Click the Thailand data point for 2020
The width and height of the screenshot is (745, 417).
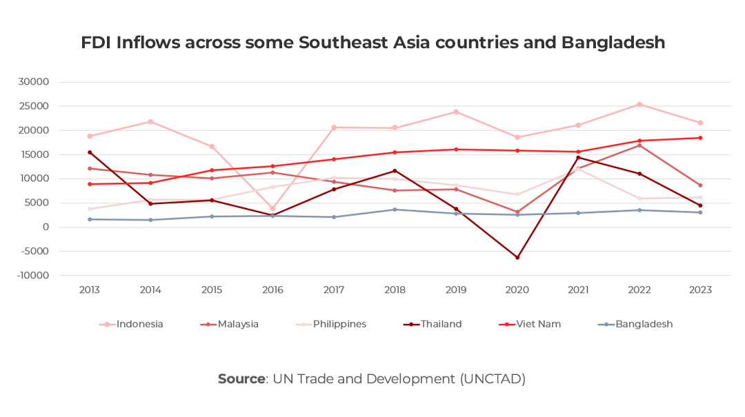pyautogui.click(x=517, y=258)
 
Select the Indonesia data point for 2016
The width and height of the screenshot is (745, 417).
pyautogui.click(x=272, y=208)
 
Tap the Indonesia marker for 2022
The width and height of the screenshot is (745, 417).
pyautogui.click(x=639, y=104)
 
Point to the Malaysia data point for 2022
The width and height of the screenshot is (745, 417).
pyautogui.click(x=639, y=145)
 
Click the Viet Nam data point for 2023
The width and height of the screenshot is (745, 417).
pyautogui.click(x=700, y=138)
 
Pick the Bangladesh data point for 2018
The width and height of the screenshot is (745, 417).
pyautogui.click(x=395, y=210)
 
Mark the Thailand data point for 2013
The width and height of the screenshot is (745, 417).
pyautogui.click(x=90, y=152)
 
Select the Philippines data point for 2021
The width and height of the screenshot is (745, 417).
pyautogui.click(x=578, y=167)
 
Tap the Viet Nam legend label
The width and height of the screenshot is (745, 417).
pyautogui.click(x=538, y=324)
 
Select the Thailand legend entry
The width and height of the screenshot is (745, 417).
pyautogui.click(x=441, y=324)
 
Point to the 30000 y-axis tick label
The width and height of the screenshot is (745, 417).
pyautogui.click(x=34, y=82)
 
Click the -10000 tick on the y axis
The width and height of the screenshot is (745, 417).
pyautogui.click(x=32, y=276)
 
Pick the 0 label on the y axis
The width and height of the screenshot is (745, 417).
pyautogui.click(x=46, y=227)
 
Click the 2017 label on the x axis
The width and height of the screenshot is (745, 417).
pyautogui.click(x=334, y=290)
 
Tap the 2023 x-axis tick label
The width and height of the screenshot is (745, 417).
pyautogui.click(x=700, y=290)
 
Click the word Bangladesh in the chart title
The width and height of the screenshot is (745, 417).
pyautogui.click(x=613, y=43)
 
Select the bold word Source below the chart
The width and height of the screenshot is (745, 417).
pyautogui.click(x=241, y=379)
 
